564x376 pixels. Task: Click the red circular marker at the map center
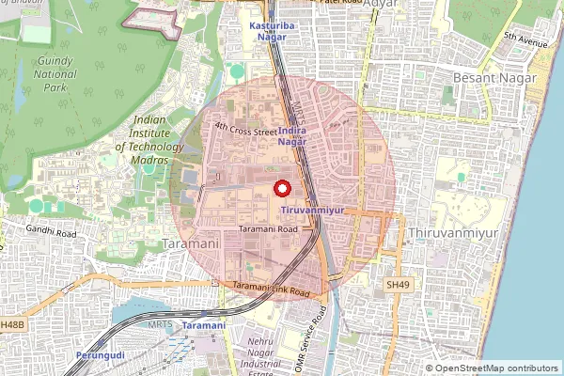pos(281,188)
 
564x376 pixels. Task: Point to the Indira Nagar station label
pos(292,134)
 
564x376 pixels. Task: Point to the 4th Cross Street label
pos(245,131)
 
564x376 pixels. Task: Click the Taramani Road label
pos(268,228)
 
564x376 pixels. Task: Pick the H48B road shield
pos(11,324)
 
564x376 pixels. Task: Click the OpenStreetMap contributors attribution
pos(492,368)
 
